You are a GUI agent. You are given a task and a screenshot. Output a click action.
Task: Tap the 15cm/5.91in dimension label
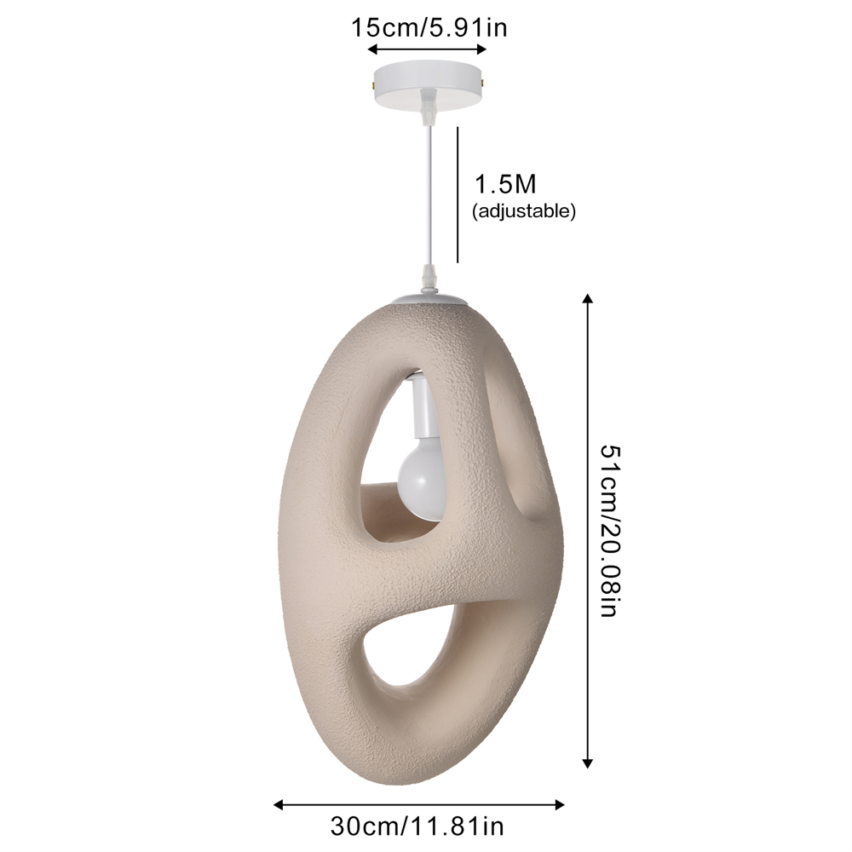pos(429,27)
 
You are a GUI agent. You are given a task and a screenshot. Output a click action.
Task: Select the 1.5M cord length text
pos(504,184)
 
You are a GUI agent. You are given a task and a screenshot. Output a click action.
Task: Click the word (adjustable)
pos(524,211)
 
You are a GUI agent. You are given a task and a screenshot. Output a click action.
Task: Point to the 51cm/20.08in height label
pos(606,531)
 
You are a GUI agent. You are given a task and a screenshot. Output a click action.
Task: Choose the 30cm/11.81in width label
pos(417,826)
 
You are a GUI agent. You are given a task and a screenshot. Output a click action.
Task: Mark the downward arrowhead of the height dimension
pos(586,764)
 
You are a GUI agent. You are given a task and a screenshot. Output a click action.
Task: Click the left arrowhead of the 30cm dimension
pos(278,803)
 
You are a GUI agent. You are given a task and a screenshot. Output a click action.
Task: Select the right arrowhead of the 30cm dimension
pos(560,803)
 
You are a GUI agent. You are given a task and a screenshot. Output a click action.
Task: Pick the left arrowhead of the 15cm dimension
pos(372,50)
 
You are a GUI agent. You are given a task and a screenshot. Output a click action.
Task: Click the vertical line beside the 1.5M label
pos(458,194)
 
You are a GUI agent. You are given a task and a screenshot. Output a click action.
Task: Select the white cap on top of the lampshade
pos(432,301)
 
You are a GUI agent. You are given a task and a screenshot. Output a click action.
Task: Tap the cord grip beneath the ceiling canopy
pos(429,106)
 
